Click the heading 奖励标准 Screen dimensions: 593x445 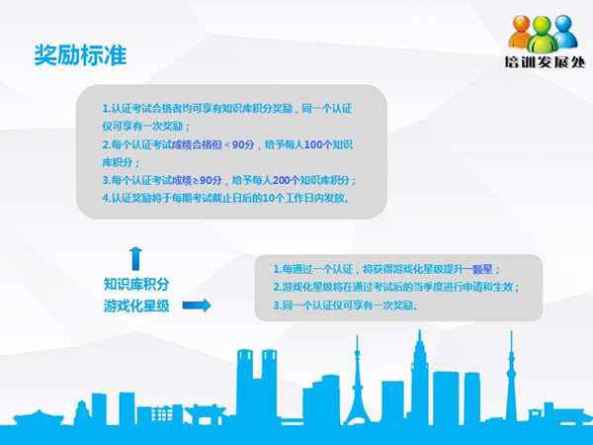tap(80, 55)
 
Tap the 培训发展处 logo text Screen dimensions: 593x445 tap(545, 61)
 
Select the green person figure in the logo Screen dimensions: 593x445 tap(543, 35)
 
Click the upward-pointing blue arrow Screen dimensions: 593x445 tap(135, 258)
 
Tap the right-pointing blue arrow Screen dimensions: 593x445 tap(197, 305)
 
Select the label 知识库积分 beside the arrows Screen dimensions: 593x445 tap(136, 284)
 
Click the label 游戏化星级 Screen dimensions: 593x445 tap(136, 306)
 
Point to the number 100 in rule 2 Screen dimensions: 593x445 tap(313, 144)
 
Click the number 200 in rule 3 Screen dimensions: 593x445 tap(281, 180)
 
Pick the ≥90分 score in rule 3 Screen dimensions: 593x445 tap(208, 180)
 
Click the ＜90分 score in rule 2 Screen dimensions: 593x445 tap(239, 144)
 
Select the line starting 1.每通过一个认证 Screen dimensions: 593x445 tap(386, 269)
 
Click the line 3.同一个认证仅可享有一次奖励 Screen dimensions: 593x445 tap(346, 306)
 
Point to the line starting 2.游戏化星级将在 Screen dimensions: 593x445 tap(396, 287)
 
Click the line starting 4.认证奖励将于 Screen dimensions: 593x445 tap(225, 198)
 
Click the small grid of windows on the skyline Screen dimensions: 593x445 tap(162, 414)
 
